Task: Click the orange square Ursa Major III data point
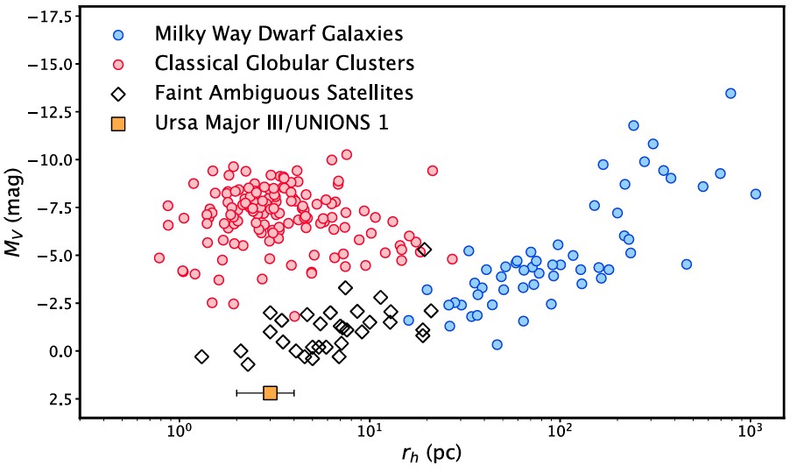click(270, 393)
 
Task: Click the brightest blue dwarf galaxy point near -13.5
click(730, 93)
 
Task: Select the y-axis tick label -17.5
click(46, 18)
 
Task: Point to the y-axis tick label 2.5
click(56, 399)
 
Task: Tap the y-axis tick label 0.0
click(56, 351)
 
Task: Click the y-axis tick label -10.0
click(46, 160)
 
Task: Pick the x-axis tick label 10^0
click(179, 433)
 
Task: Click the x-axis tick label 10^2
click(560, 433)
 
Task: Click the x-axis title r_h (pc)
click(433, 454)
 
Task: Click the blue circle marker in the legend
click(119, 35)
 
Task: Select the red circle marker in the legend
click(119, 63)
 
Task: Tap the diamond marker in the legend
click(119, 93)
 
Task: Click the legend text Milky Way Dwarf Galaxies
click(279, 35)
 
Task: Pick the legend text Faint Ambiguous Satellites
click(284, 93)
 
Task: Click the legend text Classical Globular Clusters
click(284, 63)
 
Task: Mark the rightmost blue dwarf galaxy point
click(756, 194)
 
